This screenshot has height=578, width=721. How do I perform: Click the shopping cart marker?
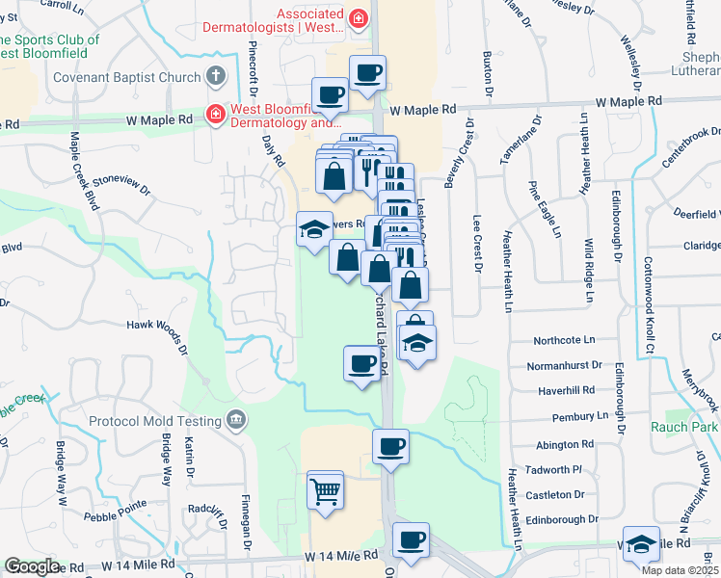(326, 491)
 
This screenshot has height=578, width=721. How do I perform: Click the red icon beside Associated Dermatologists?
(359, 18)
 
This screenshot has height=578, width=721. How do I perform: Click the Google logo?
(32, 566)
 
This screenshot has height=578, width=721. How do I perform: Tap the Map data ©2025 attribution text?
(680, 570)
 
